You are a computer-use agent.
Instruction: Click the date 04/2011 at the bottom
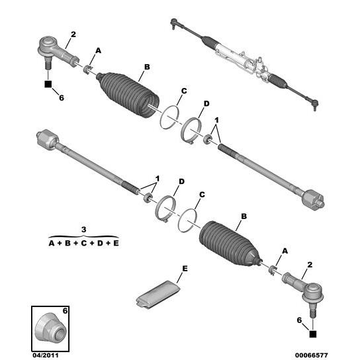tap(46, 355)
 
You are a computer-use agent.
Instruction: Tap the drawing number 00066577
tap(311, 355)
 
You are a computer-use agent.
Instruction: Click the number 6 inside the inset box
tap(66, 311)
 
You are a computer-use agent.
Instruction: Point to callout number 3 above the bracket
tap(83, 230)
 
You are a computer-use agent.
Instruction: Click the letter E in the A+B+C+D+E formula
tap(116, 243)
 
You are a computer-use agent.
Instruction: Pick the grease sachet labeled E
tap(158, 294)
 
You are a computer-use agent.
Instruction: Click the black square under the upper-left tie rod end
tap(48, 84)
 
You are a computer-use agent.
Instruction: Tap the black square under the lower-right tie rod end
tap(313, 334)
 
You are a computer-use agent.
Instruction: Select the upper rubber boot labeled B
tap(128, 95)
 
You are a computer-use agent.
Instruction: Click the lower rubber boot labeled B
tap(230, 244)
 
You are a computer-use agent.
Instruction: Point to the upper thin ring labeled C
tap(169, 117)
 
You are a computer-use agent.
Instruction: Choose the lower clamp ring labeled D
tap(165, 208)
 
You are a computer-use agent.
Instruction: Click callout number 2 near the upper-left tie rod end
tap(73, 34)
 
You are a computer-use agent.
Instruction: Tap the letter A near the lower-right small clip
tap(285, 251)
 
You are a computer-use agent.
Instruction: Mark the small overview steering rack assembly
tap(244, 64)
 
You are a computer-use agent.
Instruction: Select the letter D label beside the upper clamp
tap(206, 104)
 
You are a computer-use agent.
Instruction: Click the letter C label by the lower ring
tap(202, 195)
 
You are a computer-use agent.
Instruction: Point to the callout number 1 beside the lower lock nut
tap(157, 179)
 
